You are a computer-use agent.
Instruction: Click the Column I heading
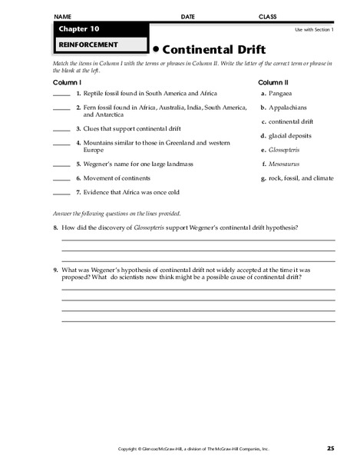click(67, 81)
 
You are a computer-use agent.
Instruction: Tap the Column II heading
click(272, 81)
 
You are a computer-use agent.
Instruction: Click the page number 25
click(330, 448)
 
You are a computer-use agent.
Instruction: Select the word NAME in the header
click(63, 16)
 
